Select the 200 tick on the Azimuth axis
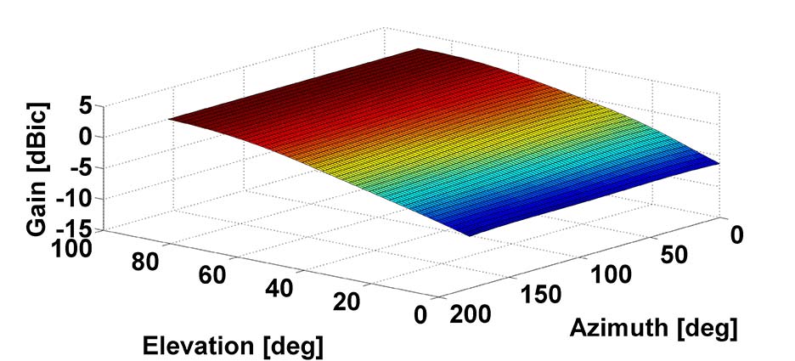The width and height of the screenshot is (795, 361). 471,315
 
